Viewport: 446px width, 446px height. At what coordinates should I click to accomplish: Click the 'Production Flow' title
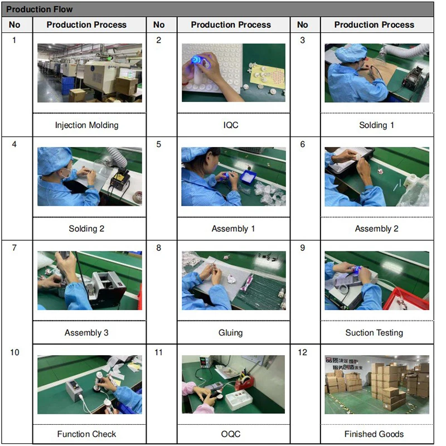click(x=39, y=9)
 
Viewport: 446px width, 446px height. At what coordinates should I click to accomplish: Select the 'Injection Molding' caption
click(x=87, y=125)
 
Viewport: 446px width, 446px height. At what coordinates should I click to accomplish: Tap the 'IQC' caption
click(x=231, y=125)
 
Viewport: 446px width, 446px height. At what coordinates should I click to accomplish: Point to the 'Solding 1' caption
click(x=377, y=125)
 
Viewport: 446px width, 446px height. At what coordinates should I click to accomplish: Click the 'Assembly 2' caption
click(x=377, y=229)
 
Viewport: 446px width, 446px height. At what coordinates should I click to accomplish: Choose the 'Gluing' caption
click(x=231, y=332)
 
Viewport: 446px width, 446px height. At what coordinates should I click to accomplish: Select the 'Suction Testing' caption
click(x=374, y=332)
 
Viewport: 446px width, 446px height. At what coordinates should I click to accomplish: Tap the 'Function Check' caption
click(x=87, y=434)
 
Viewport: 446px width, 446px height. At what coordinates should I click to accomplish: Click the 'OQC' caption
click(x=231, y=434)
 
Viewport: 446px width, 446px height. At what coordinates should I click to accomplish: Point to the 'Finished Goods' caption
click(x=374, y=434)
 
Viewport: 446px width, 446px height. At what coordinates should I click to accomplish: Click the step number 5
click(x=159, y=144)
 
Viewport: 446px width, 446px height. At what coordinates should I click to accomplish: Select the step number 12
click(x=303, y=352)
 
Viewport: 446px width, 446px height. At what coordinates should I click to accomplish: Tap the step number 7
click(x=14, y=248)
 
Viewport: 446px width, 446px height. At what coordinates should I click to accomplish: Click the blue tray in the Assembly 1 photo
click(x=248, y=177)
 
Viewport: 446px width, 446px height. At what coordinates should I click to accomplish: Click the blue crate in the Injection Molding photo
click(x=69, y=85)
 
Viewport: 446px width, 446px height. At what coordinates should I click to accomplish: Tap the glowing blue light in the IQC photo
click(x=196, y=60)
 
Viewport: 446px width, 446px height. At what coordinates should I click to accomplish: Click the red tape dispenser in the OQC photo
click(x=245, y=381)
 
